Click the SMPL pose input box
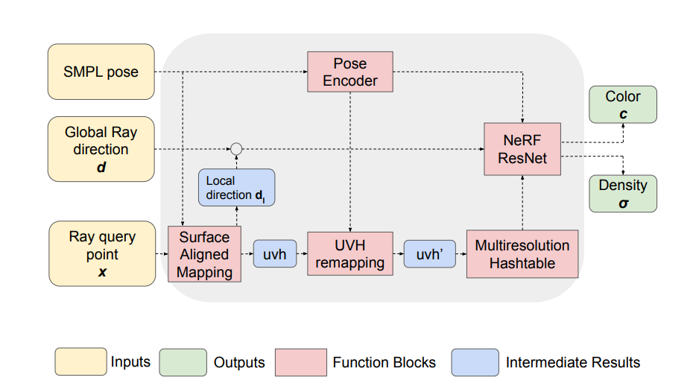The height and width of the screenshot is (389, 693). (101, 72)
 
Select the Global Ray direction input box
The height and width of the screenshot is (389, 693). (101, 149)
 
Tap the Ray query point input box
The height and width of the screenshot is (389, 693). (102, 253)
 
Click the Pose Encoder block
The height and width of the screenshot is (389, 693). (350, 72)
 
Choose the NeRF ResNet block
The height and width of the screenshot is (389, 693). (522, 149)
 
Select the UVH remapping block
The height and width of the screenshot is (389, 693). (349, 253)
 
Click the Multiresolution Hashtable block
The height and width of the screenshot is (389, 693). (522, 253)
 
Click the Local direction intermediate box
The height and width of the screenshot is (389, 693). (236, 188)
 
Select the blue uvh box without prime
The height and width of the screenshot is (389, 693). (276, 254)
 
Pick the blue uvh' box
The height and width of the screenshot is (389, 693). (430, 254)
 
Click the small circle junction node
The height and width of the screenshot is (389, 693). (236, 149)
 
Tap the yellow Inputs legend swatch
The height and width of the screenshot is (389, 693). (80, 362)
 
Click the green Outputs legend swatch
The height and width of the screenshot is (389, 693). (182, 362)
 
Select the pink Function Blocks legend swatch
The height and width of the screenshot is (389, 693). (300, 362)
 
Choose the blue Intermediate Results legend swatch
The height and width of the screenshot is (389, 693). (475, 362)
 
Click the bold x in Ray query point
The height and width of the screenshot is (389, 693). (102, 272)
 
